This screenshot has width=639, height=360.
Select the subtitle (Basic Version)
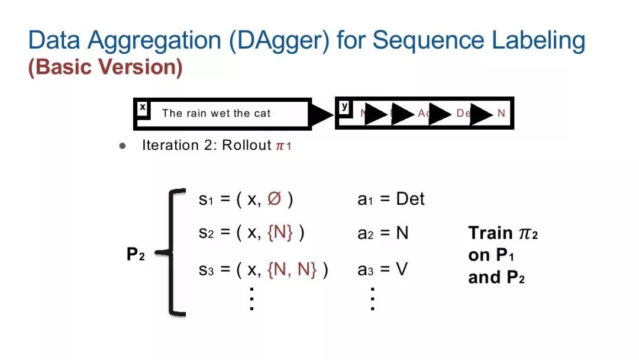point(105,67)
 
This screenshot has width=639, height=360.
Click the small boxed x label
point(143,108)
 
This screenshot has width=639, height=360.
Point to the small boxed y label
point(344,107)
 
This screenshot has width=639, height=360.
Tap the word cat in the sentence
point(262,114)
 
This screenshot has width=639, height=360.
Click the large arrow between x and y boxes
point(322,114)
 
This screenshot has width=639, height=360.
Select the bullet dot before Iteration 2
point(123,146)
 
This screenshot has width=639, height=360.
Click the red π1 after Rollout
point(283,146)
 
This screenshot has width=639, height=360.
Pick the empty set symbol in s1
point(274,200)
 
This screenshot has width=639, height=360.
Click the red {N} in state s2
point(280,233)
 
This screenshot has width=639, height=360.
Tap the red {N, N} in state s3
point(292,270)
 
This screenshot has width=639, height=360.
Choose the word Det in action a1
point(410,200)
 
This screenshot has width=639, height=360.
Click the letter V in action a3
point(402,270)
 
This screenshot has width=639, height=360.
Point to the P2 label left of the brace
point(135,255)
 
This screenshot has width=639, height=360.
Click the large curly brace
point(173,252)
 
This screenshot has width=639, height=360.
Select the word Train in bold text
point(490,233)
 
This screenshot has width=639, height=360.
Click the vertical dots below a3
point(372,298)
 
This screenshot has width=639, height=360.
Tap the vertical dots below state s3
point(251,298)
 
